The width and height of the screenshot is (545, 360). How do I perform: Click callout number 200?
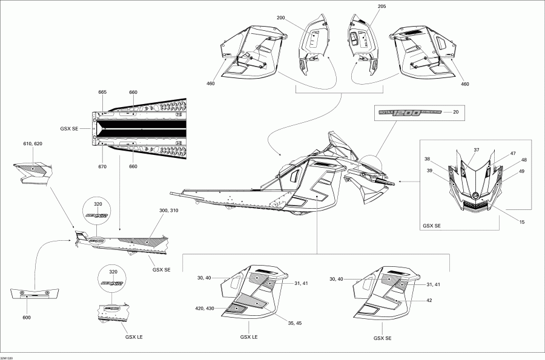point(280,18)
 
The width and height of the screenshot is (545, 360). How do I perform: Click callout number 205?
point(364,7)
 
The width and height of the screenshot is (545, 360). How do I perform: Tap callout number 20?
point(456,112)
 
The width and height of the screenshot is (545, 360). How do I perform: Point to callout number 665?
point(102,92)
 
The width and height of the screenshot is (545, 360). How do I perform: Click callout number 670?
point(102,167)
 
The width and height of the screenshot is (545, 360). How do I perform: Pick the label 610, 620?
point(33,143)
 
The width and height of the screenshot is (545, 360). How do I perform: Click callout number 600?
point(27,317)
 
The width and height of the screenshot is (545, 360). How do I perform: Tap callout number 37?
point(476,150)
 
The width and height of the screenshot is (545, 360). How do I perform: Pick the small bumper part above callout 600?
point(36,295)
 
